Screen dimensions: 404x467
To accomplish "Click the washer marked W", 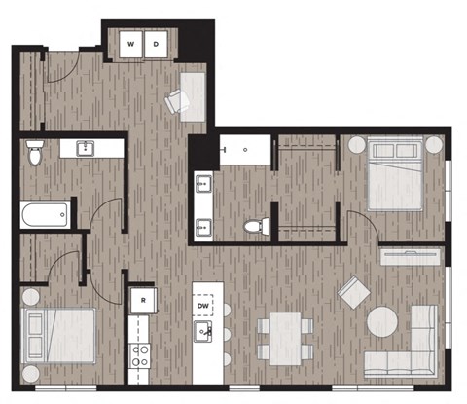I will pos(129,44).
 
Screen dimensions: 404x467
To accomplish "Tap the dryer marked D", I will pos(156,44).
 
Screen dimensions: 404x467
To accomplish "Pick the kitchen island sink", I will pos(204,334).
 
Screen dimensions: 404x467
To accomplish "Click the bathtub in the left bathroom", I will pos(45,212).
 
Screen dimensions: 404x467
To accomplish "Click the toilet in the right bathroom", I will pos(255,225).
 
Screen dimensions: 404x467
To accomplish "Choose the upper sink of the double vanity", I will pos(204,183).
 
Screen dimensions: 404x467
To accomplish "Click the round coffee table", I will pos(381,323).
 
